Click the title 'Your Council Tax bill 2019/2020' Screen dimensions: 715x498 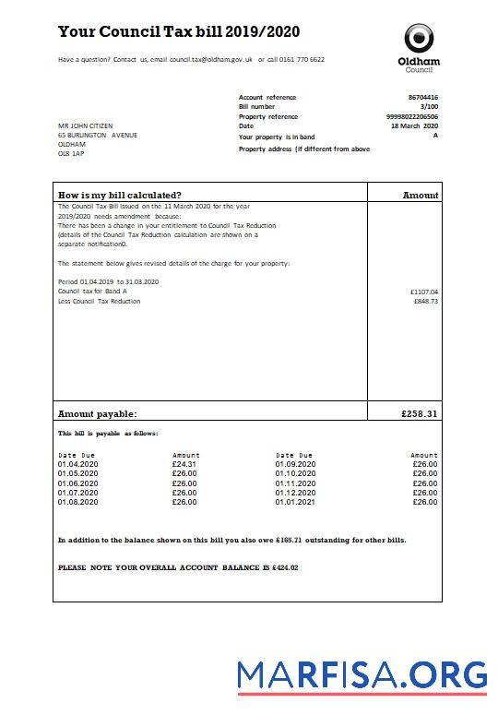coord(178,32)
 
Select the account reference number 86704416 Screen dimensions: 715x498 coord(422,97)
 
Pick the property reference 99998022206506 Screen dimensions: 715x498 coord(412,117)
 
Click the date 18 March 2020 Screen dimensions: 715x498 coord(415,126)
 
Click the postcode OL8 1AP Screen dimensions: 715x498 coord(71,154)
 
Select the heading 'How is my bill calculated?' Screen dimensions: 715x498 coord(119,195)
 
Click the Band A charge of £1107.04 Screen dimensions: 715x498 coord(424,292)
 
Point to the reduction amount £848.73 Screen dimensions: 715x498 coord(426,301)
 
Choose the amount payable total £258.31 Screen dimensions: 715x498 coord(420,414)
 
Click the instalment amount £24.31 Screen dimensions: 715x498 coord(184,464)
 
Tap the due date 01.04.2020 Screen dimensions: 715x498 coord(77,464)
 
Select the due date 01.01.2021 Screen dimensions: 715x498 coord(295,502)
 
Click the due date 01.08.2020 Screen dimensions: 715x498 coord(77,502)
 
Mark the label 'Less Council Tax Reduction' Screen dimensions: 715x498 coord(99,301)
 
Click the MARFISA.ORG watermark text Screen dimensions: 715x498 coord(362,677)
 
